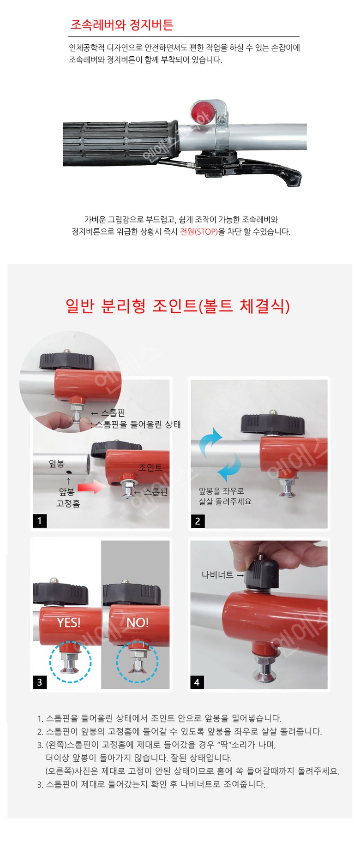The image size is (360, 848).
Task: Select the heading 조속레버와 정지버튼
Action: pos(121,24)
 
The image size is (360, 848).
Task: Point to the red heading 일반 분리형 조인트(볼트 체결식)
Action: pos(178,305)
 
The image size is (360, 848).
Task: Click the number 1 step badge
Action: pos(40,521)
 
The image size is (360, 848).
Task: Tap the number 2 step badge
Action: pos(198,521)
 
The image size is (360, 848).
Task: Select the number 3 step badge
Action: pos(40,682)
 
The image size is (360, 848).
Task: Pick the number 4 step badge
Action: pos(197,682)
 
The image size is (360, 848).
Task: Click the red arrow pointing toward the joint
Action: pos(92,487)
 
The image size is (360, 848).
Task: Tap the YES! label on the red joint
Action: pos(69,622)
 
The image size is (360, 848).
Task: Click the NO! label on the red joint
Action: pos(138,622)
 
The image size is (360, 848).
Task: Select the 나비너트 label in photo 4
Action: pos(217,575)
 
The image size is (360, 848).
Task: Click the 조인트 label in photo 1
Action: pos(150,467)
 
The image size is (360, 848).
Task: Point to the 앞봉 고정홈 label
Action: pos(68,497)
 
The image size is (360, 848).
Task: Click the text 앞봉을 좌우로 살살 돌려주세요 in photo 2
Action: pos(225,496)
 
